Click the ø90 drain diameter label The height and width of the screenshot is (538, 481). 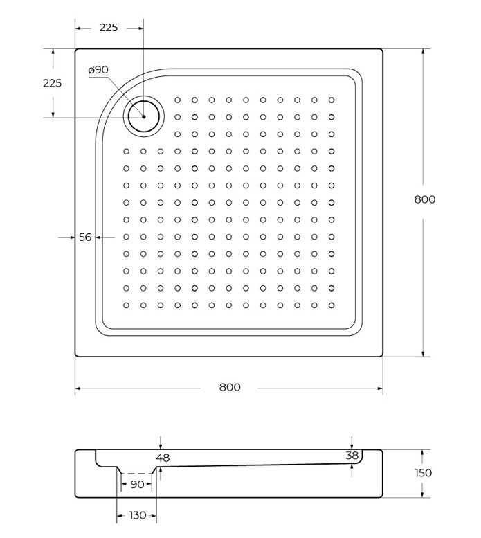pos(98,70)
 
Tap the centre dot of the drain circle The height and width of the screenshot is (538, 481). pos(144,116)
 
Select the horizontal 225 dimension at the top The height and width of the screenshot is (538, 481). pos(109,28)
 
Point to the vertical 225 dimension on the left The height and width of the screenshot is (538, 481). pos(52,83)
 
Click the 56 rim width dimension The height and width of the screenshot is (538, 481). pos(85,237)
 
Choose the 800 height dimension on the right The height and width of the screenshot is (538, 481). pos(425,199)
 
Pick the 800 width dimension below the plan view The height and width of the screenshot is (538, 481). pos(230,387)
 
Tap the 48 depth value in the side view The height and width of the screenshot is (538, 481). pos(163,458)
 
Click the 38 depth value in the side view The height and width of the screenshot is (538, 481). pos(352,456)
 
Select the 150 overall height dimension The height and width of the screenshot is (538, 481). pos(423,473)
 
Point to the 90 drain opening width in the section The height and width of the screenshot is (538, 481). pos(137,485)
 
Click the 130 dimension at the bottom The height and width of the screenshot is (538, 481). pos(138,515)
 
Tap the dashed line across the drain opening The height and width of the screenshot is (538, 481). pos(137,474)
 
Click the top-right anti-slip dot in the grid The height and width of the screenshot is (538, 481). pos(332,100)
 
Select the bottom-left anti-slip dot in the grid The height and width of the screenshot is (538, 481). pos(126,305)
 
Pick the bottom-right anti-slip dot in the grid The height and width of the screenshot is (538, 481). pos(332,305)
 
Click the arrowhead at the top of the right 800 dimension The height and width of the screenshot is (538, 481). pos(424,52)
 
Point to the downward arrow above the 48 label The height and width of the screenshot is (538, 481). pos(161,442)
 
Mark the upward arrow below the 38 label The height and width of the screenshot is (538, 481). pos(352,469)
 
